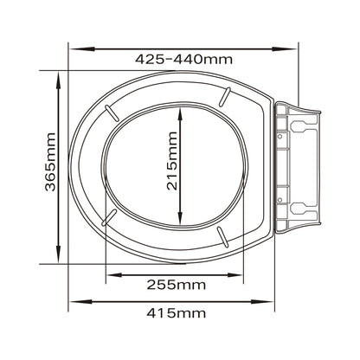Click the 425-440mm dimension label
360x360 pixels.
point(183,60)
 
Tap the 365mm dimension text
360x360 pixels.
point(50,162)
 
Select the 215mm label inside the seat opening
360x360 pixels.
point(172,161)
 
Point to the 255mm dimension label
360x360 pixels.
point(177,285)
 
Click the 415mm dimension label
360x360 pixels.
point(177,313)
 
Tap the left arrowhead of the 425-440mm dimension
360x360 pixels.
point(82,49)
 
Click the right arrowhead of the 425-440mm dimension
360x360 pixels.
point(285,49)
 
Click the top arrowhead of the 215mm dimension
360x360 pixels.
point(180,116)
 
